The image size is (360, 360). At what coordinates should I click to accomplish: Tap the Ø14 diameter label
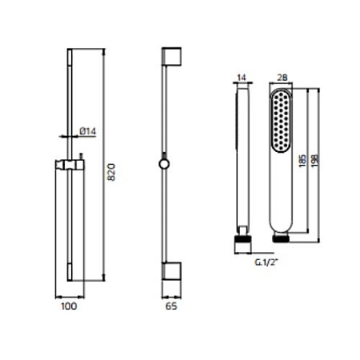tap(89, 132)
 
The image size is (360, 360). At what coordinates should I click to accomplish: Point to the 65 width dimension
tap(170, 305)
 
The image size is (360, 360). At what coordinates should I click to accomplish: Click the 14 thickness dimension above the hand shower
tap(242, 78)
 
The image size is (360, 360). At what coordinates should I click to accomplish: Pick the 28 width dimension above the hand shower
tap(281, 78)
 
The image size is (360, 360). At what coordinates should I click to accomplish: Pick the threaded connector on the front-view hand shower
tap(280, 238)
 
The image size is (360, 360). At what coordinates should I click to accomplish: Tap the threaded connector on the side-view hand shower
tap(242, 238)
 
